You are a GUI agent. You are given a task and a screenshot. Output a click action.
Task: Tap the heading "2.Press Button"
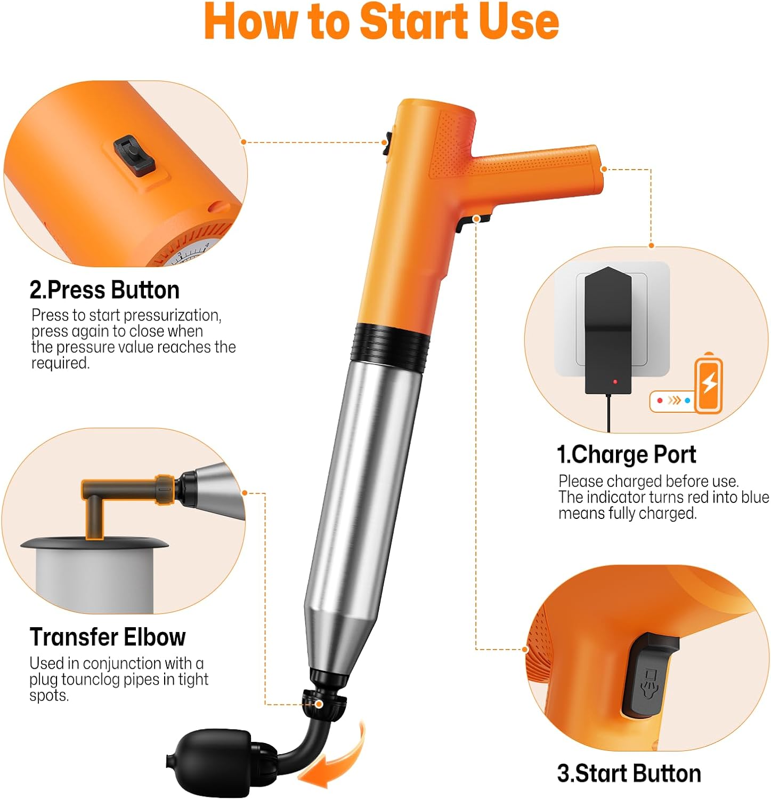click(104, 290)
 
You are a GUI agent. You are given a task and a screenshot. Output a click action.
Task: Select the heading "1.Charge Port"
click(626, 454)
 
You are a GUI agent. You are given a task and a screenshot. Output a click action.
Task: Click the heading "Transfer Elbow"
click(108, 637)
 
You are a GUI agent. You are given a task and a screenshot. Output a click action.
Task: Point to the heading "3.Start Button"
click(629, 773)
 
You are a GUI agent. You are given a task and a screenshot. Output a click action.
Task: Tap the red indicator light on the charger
click(615, 382)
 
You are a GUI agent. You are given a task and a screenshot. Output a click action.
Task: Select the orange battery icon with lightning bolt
click(709, 384)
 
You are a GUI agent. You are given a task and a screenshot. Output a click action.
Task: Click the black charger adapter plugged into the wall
click(608, 331)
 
